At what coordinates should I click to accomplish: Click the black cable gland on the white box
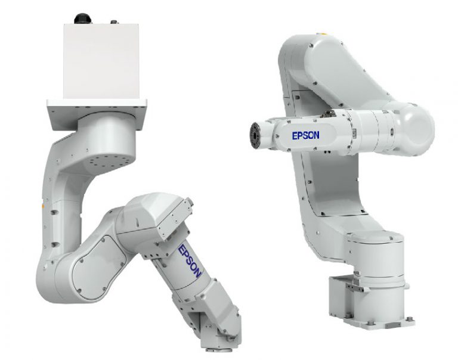[83, 18]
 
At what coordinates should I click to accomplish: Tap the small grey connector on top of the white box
[114, 22]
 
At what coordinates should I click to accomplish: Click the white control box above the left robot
[101, 61]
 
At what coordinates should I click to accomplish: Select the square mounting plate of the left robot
[97, 114]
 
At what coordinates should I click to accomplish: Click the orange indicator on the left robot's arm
[44, 206]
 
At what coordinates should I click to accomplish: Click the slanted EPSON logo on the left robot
[190, 261]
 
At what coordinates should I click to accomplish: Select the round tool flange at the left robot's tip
[216, 349]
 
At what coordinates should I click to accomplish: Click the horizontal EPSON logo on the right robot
[305, 135]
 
